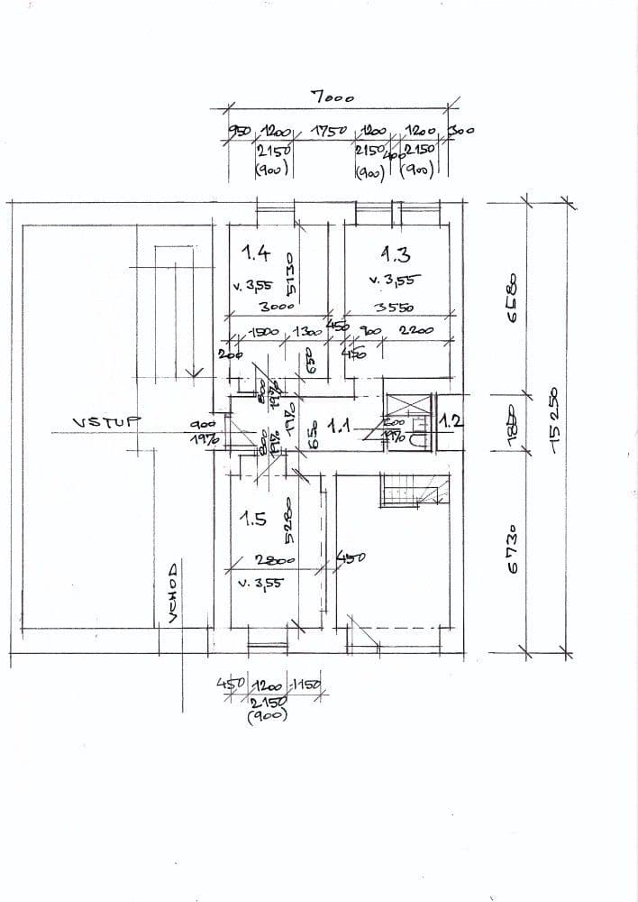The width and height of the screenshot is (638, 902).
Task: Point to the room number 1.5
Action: tap(252, 520)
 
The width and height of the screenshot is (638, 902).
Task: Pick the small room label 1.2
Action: tap(450, 421)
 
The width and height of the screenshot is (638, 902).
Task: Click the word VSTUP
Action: tap(102, 422)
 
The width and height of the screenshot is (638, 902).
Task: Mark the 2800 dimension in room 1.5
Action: tap(269, 560)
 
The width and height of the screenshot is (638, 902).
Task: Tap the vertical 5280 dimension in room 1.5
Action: tap(288, 520)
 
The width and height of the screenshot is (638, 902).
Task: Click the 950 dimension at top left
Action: tap(236, 132)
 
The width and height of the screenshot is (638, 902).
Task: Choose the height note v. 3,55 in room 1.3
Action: tap(395, 280)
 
